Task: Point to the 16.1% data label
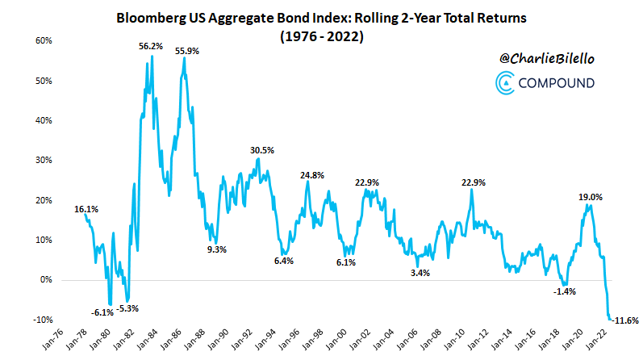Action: coord(86,209)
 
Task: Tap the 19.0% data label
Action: coord(590,196)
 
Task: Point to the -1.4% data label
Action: coord(565,291)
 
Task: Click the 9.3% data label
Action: coord(217,249)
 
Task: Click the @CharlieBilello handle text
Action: coord(545,58)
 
